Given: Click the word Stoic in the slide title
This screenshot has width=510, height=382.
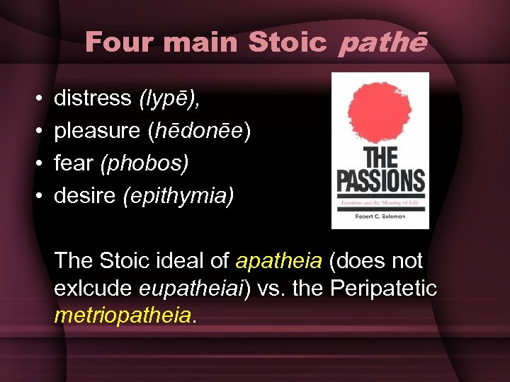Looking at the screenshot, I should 288,42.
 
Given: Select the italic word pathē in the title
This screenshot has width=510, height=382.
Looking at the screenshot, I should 383,42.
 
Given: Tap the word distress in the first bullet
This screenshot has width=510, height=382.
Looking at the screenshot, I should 93,98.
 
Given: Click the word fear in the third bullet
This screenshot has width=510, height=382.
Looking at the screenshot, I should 74,163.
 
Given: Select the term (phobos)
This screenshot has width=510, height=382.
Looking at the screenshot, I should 144,163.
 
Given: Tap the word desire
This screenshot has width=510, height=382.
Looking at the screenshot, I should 85,195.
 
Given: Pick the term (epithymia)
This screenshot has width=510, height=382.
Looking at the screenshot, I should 178,195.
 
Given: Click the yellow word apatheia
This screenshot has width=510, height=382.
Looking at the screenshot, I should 278,260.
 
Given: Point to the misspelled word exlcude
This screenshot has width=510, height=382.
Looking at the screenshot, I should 95,287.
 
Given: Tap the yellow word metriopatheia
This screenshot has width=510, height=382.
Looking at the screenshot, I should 123,314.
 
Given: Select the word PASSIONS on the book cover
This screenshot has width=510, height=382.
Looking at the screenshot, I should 380,181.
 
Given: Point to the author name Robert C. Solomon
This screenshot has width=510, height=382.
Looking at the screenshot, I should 380,216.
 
